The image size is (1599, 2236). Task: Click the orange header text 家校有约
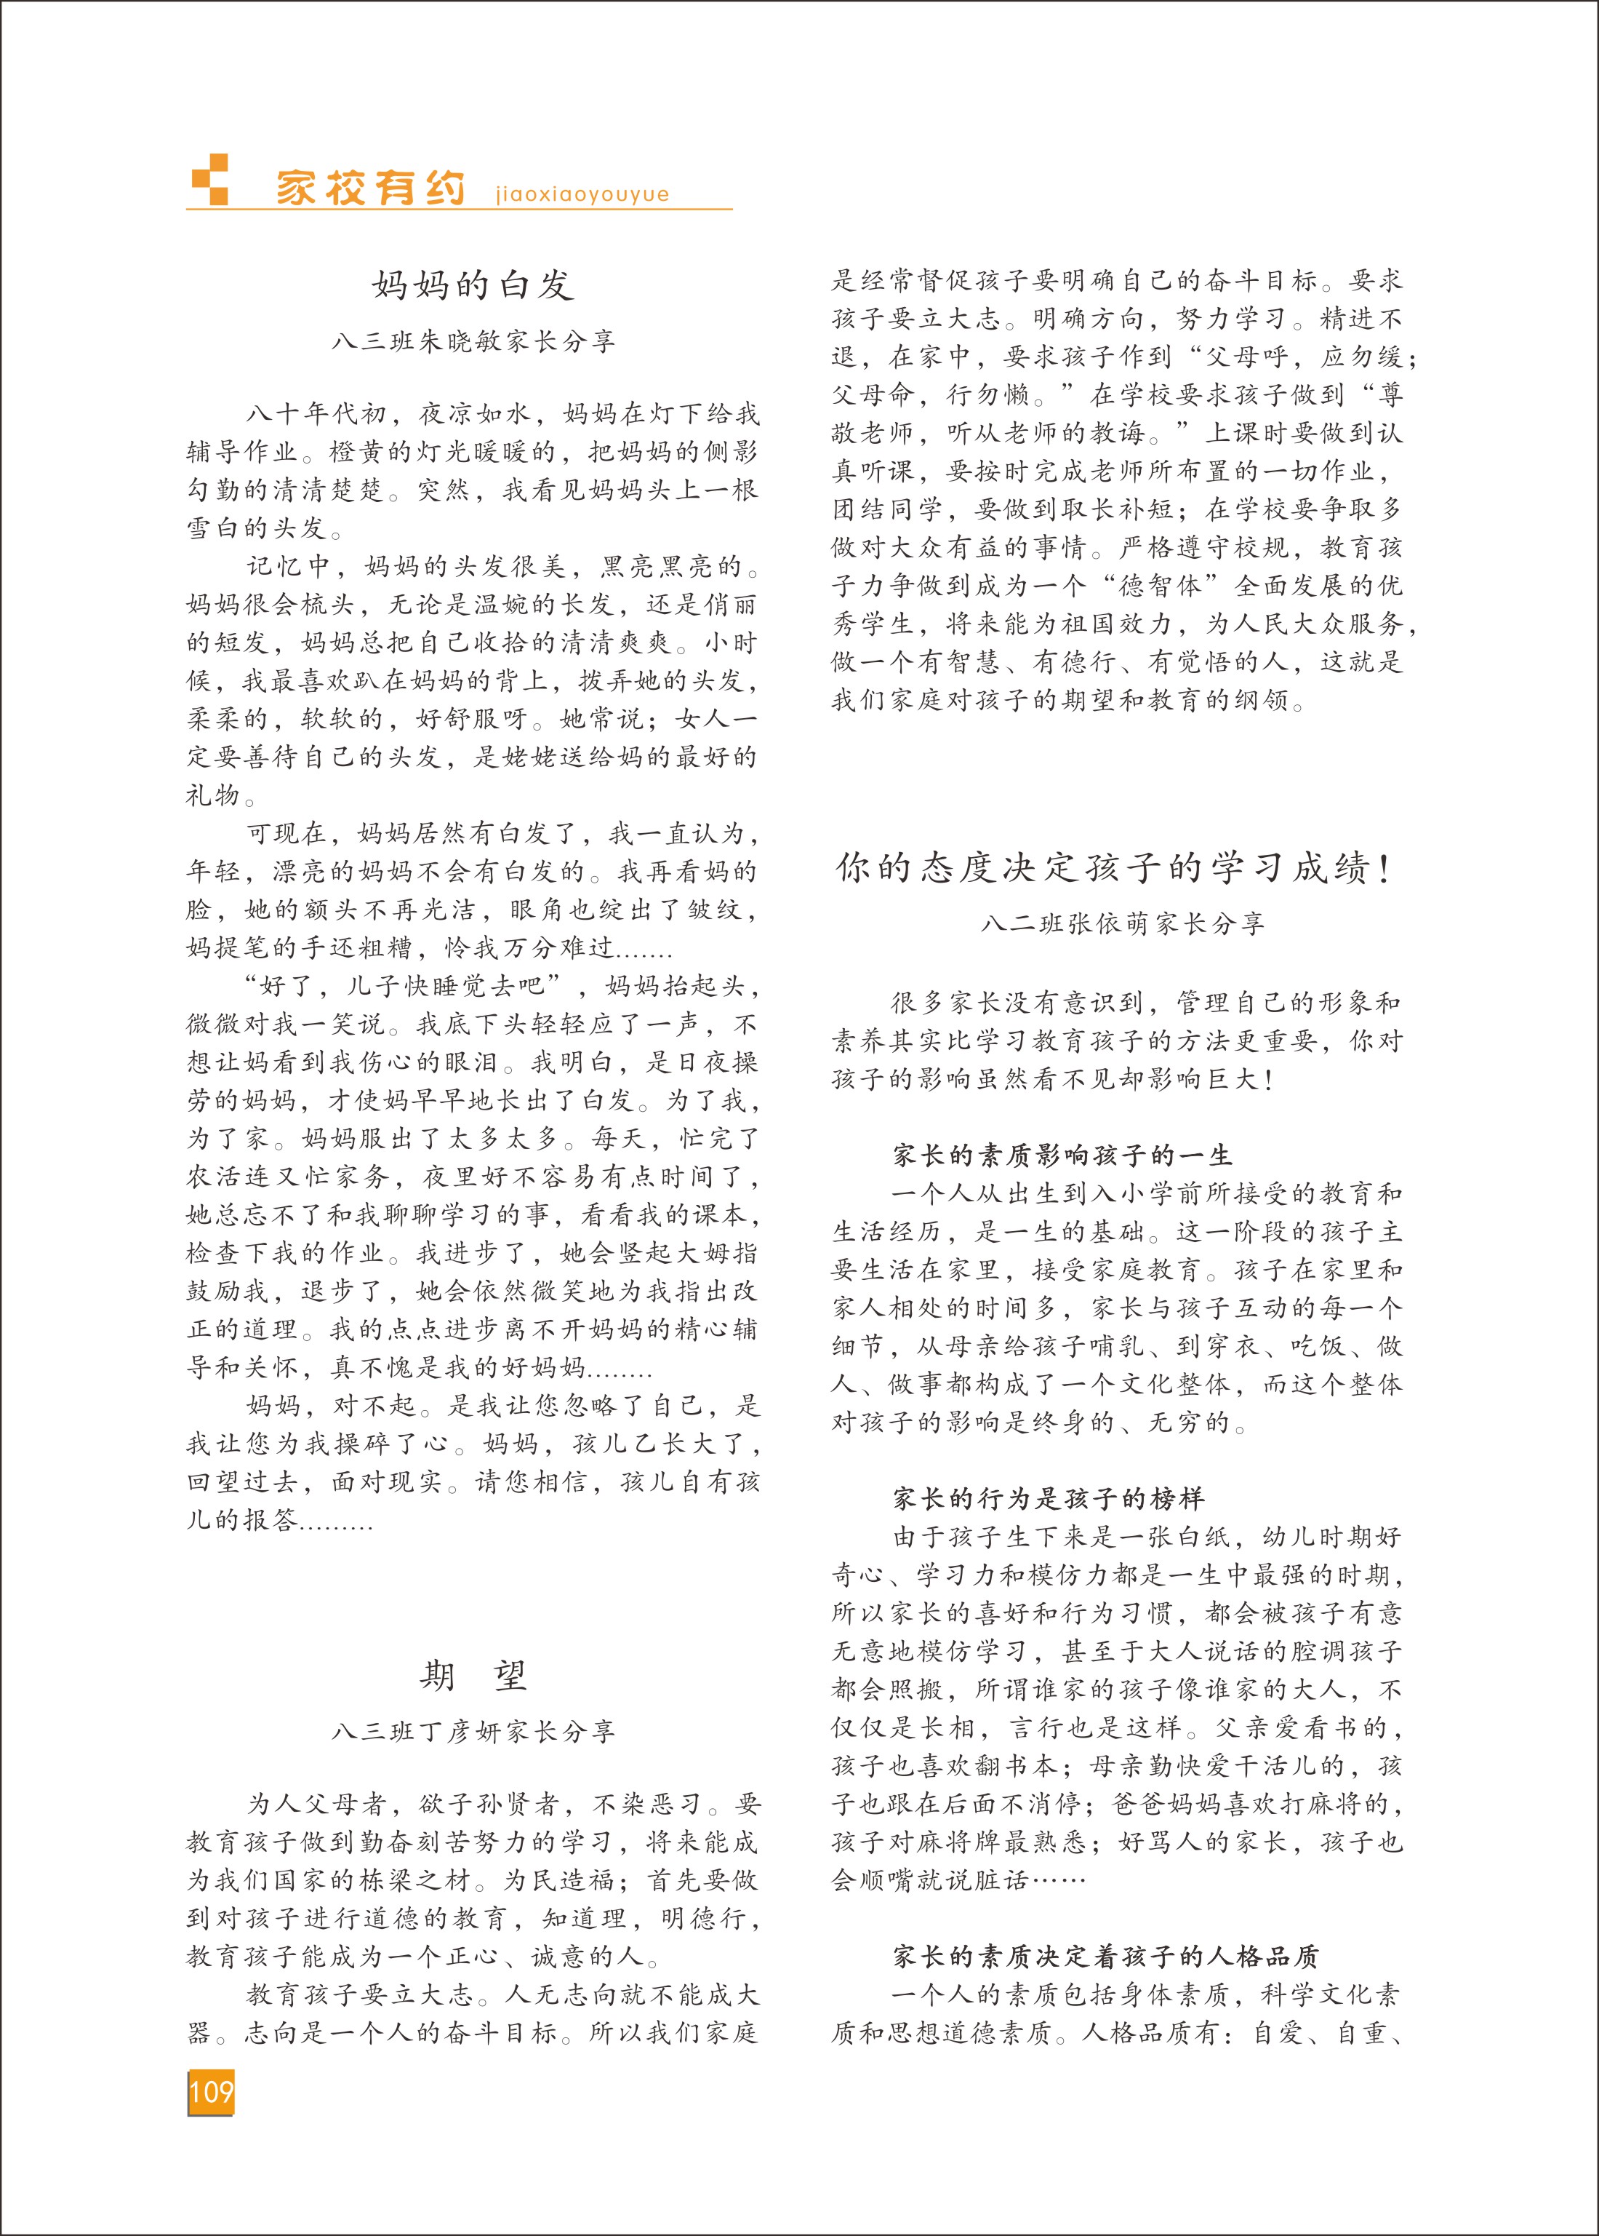370,187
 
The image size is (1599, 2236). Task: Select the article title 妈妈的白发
473,285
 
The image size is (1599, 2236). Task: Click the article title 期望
473,1674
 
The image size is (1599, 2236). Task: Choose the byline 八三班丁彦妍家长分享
473,1731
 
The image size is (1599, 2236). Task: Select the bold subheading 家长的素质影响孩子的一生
1062,1155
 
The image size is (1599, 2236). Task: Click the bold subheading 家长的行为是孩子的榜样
1049,1498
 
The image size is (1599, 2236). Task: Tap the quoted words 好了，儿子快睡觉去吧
401,985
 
